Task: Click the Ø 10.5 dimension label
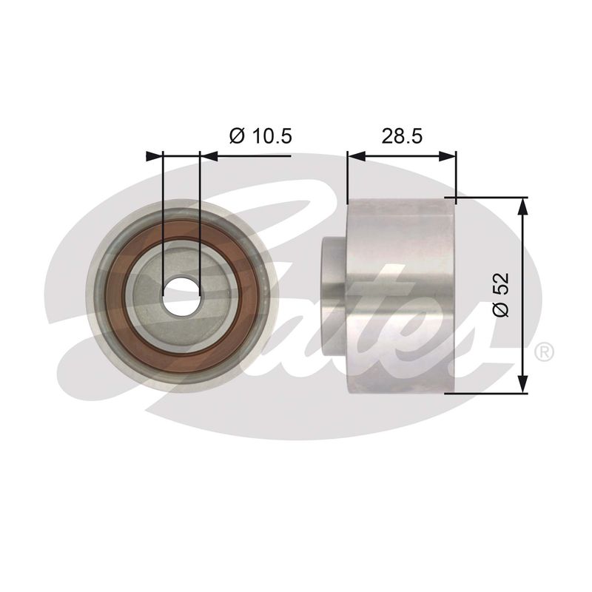point(260,135)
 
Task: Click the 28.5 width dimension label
point(402,135)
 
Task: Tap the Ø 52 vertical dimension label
point(502,295)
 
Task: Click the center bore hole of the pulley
point(181,297)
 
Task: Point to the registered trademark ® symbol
point(544,351)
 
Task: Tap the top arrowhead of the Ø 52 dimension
point(522,207)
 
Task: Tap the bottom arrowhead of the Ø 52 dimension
point(522,384)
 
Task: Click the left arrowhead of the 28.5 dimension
point(357,156)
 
